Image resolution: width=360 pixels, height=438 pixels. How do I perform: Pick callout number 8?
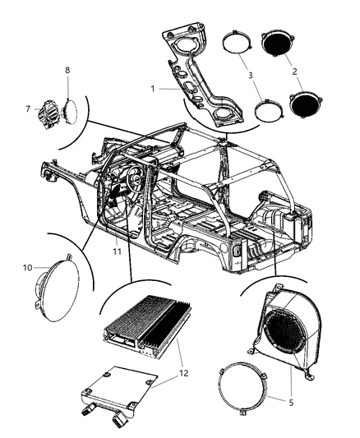point(67,71)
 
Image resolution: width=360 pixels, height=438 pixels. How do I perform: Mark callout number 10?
point(26,267)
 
